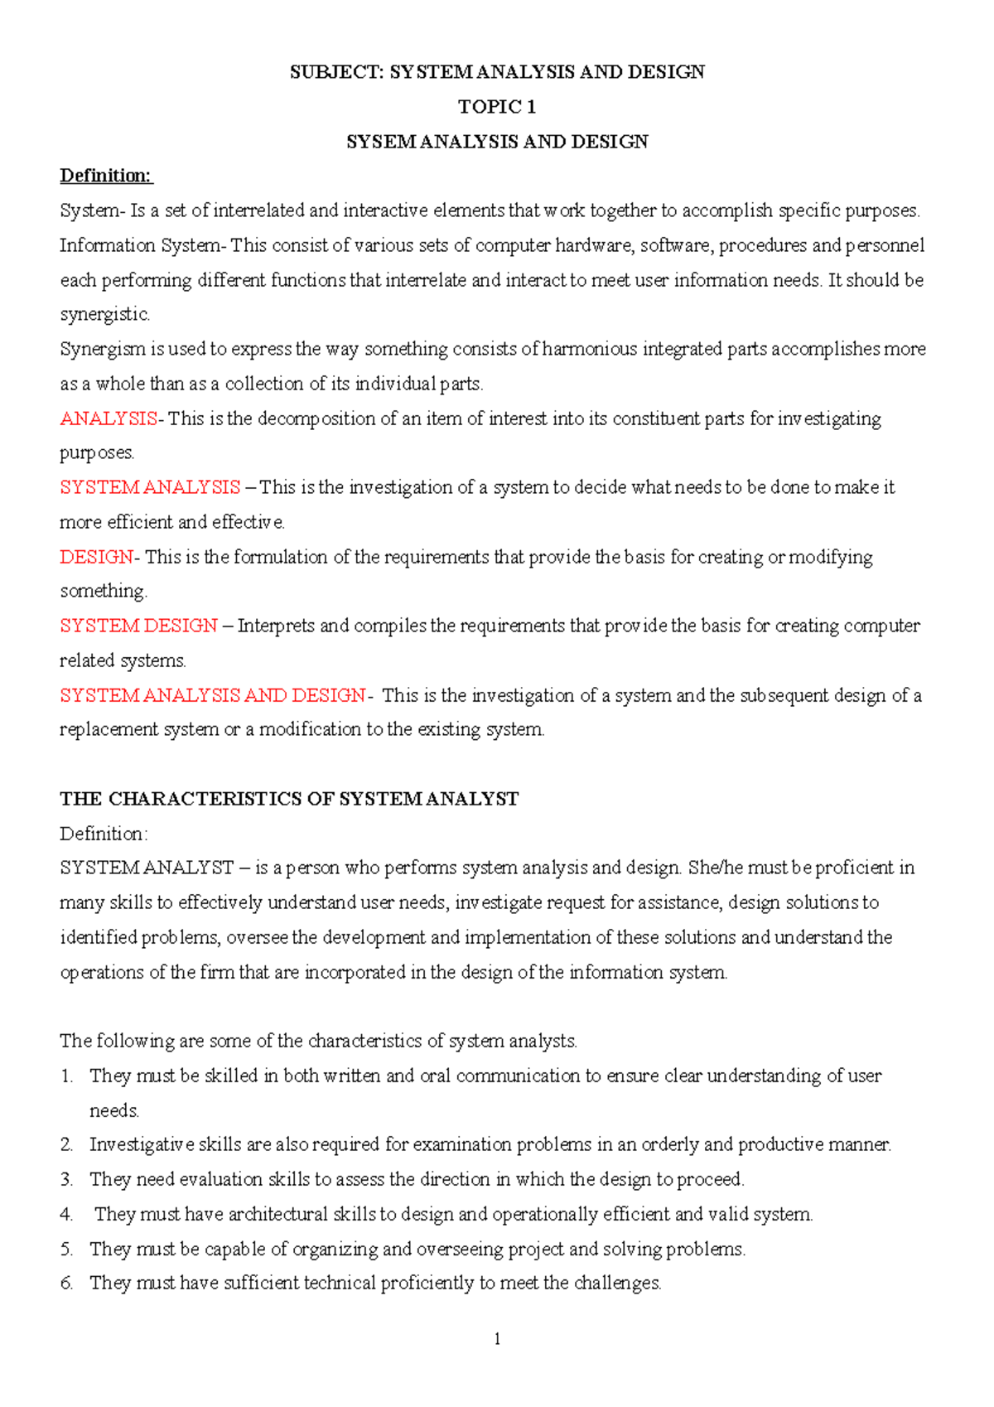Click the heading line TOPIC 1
[x=497, y=107]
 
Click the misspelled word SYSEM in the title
[x=380, y=142]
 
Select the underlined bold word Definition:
[x=106, y=176]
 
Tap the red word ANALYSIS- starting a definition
[x=111, y=418]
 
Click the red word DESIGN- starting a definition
[x=99, y=557]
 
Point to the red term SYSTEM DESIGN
[x=138, y=626]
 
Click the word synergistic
[x=105, y=315]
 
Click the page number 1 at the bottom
[x=497, y=1339]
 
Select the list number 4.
[x=66, y=1215]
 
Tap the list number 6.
[x=66, y=1284]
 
